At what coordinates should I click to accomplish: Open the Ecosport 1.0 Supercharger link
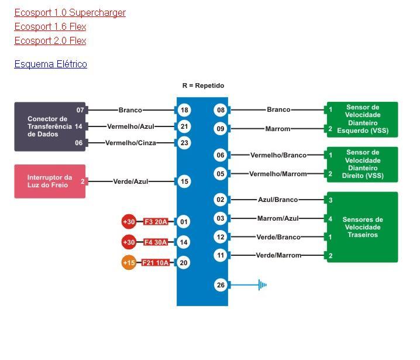pos(70,12)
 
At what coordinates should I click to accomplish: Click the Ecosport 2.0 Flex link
pos(50,40)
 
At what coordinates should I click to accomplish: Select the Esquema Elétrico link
pos(50,64)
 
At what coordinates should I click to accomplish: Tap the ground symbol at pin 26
pos(262,285)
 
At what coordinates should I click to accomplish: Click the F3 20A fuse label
pos(155,222)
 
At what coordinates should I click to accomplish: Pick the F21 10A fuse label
pos(155,263)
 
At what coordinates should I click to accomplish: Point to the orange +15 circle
pos(129,263)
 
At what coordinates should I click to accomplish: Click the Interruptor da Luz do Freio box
pos(50,181)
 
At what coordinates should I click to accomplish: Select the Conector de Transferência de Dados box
pos(50,126)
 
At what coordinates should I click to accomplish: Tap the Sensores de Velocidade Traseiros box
pos(362,227)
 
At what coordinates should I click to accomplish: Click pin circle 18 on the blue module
pos(184,110)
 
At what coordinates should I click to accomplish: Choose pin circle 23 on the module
pos(184,143)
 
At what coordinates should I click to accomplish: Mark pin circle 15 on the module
pos(184,181)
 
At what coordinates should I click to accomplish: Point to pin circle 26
pos(220,285)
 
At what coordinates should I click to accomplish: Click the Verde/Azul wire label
pos(130,181)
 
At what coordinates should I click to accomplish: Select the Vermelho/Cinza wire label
pos(130,143)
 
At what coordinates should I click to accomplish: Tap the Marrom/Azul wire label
pos(278,218)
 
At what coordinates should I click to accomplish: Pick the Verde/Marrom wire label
pos(278,255)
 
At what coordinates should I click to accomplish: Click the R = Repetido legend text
pos(203,85)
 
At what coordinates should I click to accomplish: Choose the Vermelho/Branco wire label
pos(278,155)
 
